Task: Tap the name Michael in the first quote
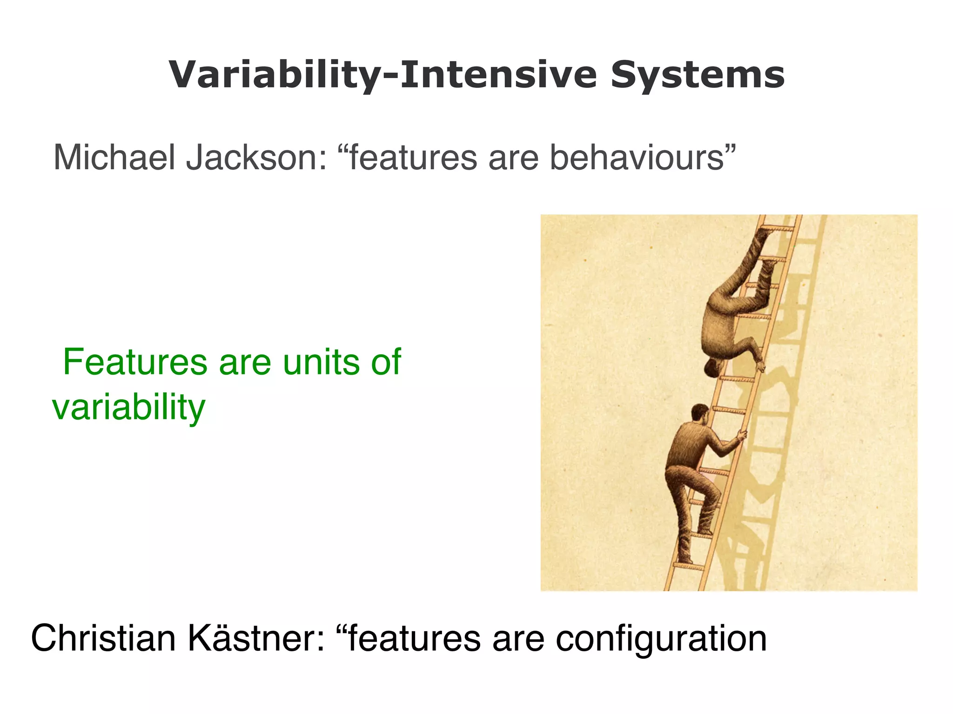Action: click(114, 157)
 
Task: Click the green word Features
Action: click(135, 362)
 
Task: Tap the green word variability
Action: click(128, 407)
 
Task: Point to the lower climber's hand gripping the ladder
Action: click(741, 435)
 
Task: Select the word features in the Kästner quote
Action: click(414, 638)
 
